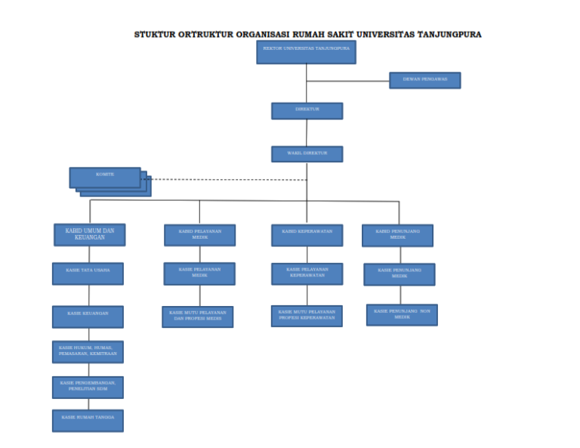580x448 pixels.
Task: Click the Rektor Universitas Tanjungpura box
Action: click(x=306, y=51)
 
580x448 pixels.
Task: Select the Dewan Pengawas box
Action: click(x=424, y=80)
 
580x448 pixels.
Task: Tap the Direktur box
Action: click(x=307, y=110)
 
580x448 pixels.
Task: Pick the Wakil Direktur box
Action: click(x=307, y=153)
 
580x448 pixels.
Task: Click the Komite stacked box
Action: click(x=105, y=177)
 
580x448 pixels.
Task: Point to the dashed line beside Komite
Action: click(x=227, y=180)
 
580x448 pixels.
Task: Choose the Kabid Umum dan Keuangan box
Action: click(x=89, y=234)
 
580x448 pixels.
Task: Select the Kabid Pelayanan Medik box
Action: click(x=199, y=235)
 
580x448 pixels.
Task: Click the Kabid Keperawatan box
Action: click(x=307, y=235)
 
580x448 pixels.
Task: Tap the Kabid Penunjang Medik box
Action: click(x=397, y=236)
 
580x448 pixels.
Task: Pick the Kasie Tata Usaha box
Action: click(x=88, y=273)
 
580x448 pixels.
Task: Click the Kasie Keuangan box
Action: click(x=88, y=316)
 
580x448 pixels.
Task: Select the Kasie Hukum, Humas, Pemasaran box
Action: click(x=88, y=351)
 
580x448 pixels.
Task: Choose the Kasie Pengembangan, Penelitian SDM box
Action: click(x=88, y=387)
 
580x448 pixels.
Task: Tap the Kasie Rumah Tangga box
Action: click(x=88, y=420)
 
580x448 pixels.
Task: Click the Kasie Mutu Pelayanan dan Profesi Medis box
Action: click(x=197, y=317)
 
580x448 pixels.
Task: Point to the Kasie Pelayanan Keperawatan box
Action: click(x=307, y=273)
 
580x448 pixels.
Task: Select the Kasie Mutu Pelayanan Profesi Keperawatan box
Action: click(x=307, y=316)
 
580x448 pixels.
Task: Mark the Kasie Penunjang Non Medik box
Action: click(x=402, y=314)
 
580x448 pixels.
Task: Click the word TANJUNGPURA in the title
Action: click(x=449, y=34)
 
